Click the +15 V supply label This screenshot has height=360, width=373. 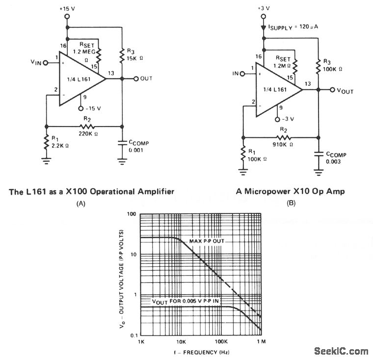[x=68, y=8]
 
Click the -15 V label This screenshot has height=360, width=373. [x=93, y=108]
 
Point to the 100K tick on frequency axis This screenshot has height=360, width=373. [x=221, y=341]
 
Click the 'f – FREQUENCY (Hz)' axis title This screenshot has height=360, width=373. [x=201, y=352]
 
